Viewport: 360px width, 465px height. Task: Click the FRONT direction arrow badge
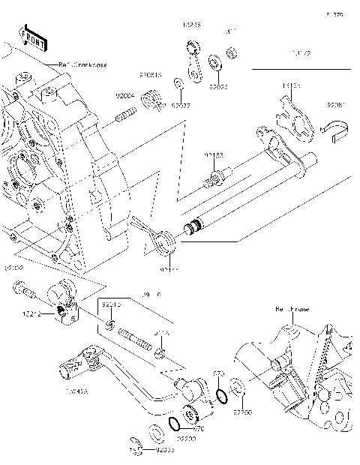click(x=31, y=38)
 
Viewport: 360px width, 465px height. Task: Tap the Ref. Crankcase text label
click(x=82, y=65)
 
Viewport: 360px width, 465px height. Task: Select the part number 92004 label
click(x=124, y=96)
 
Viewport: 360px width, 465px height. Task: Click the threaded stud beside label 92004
click(x=126, y=116)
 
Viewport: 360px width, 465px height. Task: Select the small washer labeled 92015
click(x=110, y=324)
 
